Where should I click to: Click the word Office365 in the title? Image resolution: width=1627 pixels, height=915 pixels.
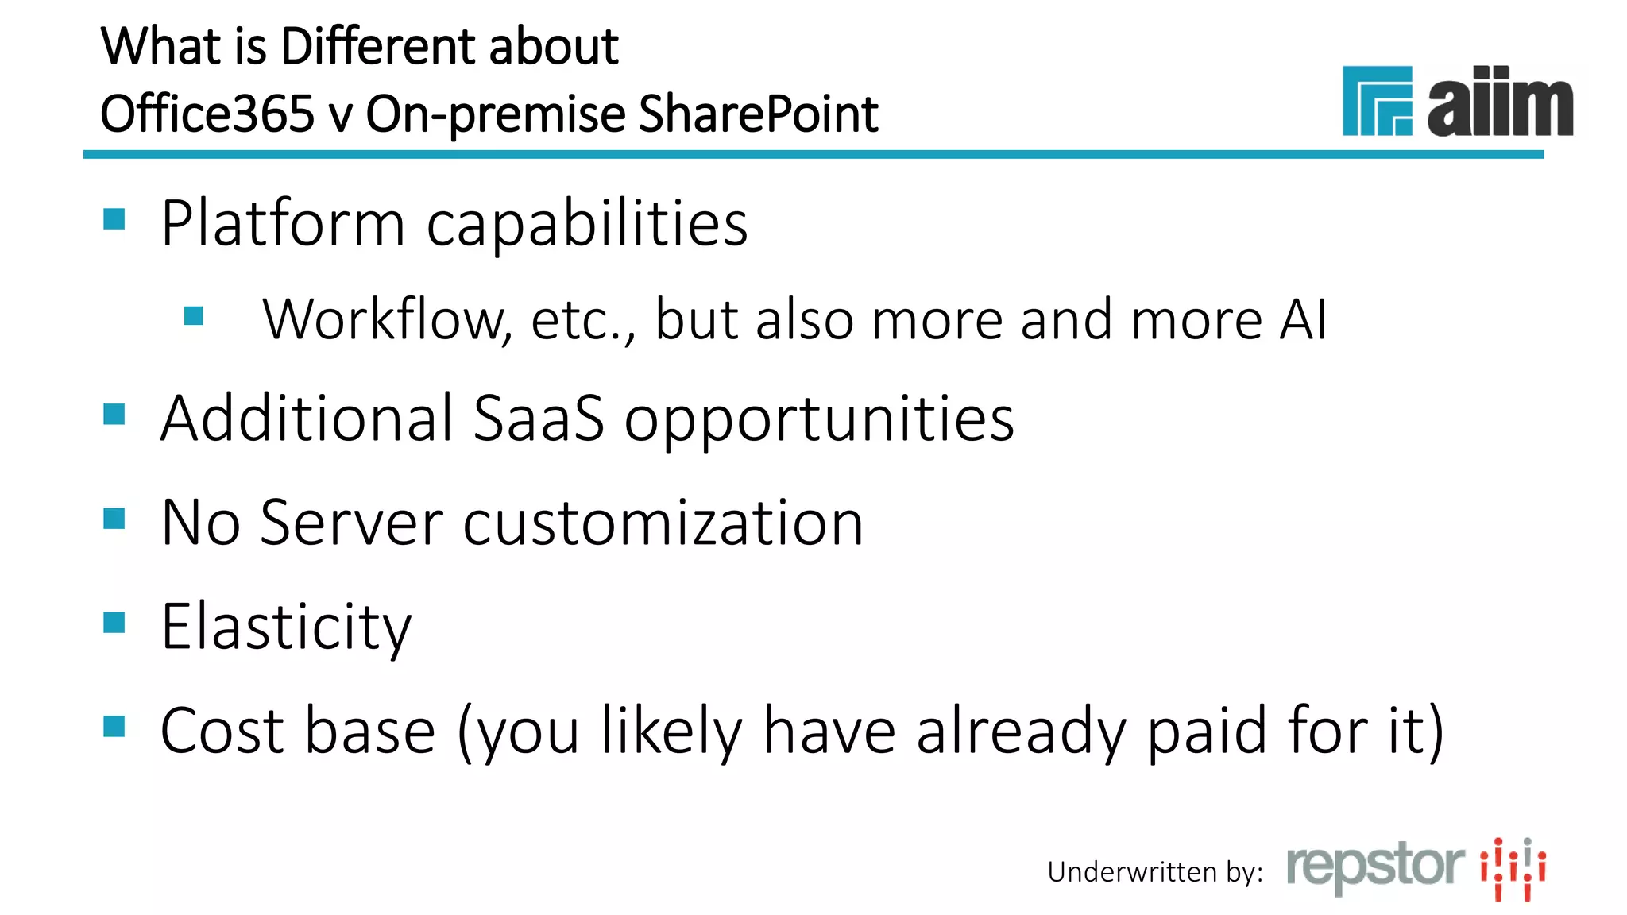click(x=207, y=114)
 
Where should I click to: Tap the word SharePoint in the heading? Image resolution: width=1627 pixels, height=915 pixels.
click(x=758, y=114)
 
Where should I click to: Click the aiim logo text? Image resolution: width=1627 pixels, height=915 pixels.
click(x=1499, y=102)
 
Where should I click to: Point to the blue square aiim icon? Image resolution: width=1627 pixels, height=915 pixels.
click(x=1377, y=101)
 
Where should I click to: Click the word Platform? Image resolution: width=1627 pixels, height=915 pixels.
click(x=283, y=224)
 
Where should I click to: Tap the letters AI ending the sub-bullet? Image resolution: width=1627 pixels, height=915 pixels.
click(x=1303, y=320)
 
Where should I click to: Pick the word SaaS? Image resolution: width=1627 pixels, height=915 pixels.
click(x=538, y=419)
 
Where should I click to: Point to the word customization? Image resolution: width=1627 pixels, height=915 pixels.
click(x=663, y=523)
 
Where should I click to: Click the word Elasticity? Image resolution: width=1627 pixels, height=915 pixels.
click(x=286, y=627)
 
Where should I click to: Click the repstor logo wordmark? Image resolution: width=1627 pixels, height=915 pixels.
click(x=1375, y=867)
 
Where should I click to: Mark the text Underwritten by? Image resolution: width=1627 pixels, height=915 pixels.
click(x=1155, y=873)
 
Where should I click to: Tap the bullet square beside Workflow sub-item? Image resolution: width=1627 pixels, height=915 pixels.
click(x=193, y=316)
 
